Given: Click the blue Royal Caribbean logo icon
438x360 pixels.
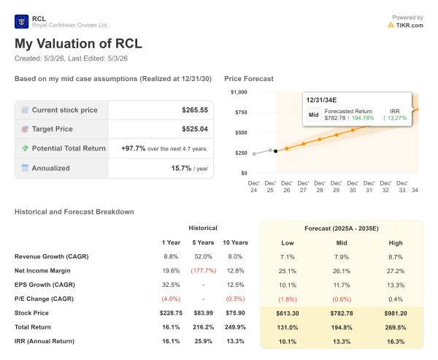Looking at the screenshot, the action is click(21, 21).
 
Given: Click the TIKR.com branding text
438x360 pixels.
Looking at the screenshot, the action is click(410, 25).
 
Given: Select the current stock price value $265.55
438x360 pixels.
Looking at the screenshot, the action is click(195, 110).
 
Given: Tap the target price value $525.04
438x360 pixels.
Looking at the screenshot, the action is click(195, 129).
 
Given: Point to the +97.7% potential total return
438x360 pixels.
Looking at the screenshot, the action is click(134, 148).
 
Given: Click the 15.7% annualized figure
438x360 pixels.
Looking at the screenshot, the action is click(181, 168).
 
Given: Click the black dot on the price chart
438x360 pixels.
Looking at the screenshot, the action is click(276, 151).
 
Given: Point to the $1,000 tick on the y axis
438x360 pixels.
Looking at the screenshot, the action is click(239, 92).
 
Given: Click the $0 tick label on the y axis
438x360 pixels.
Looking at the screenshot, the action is click(244, 173).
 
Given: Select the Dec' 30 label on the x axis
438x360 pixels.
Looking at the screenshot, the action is click(353, 187).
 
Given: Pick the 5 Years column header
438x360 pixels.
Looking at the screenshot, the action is click(203, 242).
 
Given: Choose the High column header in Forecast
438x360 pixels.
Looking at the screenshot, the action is click(396, 243).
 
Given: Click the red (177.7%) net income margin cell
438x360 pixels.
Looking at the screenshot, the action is click(204, 271).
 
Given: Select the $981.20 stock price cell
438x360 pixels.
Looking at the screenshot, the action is click(396, 313).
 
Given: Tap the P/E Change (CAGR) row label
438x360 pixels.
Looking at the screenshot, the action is click(44, 299).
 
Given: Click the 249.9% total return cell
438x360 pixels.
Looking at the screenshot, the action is click(235, 327).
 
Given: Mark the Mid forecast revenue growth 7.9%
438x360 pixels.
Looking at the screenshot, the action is click(342, 257).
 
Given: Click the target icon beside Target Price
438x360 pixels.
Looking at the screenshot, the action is click(25, 129).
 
